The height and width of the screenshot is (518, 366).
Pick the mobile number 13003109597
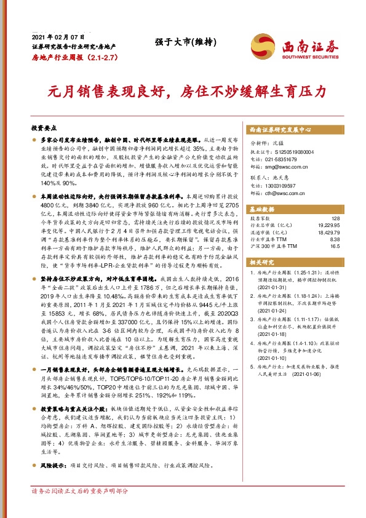coord(284,186)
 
